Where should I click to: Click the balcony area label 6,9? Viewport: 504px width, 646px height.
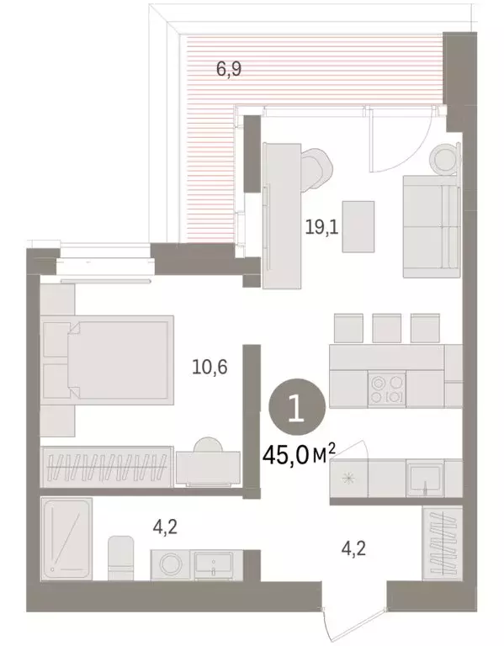point(229,70)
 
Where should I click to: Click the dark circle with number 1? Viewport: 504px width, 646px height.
point(295,408)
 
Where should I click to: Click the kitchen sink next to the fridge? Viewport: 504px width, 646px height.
point(427,481)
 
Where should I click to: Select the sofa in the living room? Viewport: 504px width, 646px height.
point(431,225)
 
